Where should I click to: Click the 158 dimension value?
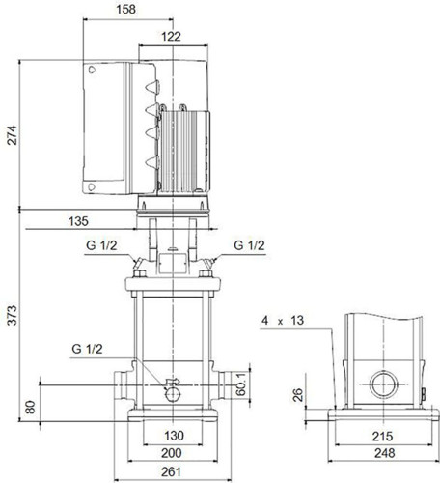point(125,10)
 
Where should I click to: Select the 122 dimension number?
point(171,37)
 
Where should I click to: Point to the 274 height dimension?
point(12,135)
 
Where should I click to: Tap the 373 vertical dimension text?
point(12,316)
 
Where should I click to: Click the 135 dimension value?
point(78,221)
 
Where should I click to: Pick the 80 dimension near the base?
point(30,407)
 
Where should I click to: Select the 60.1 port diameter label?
point(240,384)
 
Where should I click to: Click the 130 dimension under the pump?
point(174,436)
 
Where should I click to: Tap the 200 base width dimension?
point(171,453)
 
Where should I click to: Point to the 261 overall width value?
point(171,472)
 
